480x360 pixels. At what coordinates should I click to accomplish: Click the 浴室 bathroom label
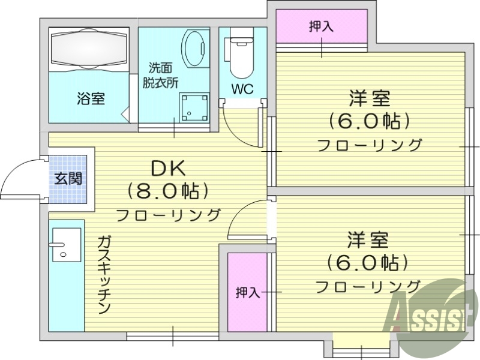point(91,98)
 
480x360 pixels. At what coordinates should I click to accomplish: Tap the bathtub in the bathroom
point(90,47)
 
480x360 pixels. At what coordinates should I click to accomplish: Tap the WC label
point(242,89)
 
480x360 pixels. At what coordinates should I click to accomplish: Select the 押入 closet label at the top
point(321,26)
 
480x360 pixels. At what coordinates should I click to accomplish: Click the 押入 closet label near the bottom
point(247,292)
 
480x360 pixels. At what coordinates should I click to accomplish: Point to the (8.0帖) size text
point(169,191)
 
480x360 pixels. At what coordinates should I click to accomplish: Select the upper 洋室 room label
point(370,98)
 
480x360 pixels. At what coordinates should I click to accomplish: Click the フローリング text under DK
point(169,214)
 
